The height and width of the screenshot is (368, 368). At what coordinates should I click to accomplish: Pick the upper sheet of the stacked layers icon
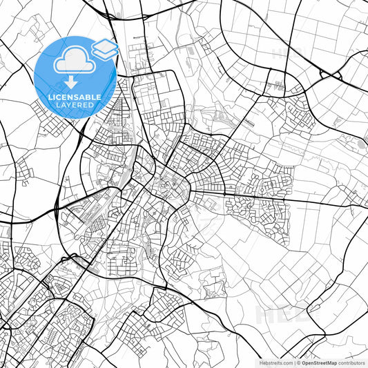(104, 46)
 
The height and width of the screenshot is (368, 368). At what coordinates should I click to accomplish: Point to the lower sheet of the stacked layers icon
(104, 53)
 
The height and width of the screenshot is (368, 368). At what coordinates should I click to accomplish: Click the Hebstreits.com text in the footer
(274, 362)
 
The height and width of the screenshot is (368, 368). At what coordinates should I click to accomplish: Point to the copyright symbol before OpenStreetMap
(298, 362)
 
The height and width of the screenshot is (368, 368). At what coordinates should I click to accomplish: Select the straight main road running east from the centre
(276, 198)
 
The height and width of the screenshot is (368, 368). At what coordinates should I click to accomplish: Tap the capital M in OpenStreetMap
(329, 362)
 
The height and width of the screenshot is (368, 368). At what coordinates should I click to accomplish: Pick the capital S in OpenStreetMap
(315, 362)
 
